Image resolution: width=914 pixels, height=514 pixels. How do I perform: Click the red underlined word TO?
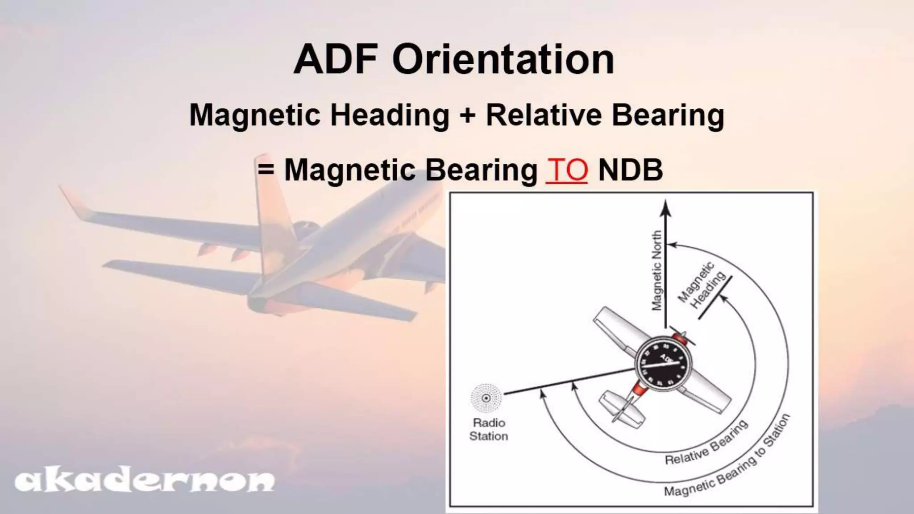point(566,170)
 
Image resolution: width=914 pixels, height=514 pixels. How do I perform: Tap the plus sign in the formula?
point(467,116)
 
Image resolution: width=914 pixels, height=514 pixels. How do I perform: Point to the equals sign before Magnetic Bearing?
point(266,170)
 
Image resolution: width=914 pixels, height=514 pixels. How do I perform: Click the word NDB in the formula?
point(630,170)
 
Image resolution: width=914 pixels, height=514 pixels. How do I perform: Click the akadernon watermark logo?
point(144,481)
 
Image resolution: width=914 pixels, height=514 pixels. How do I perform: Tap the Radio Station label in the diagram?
point(488,429)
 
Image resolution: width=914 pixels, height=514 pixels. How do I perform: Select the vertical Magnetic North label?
point(656,270)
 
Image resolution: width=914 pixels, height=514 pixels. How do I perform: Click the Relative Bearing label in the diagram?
point(706,443)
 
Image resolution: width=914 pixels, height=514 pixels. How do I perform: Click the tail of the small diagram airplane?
point(622,408)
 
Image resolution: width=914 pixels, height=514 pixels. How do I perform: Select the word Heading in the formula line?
point(390,116)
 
